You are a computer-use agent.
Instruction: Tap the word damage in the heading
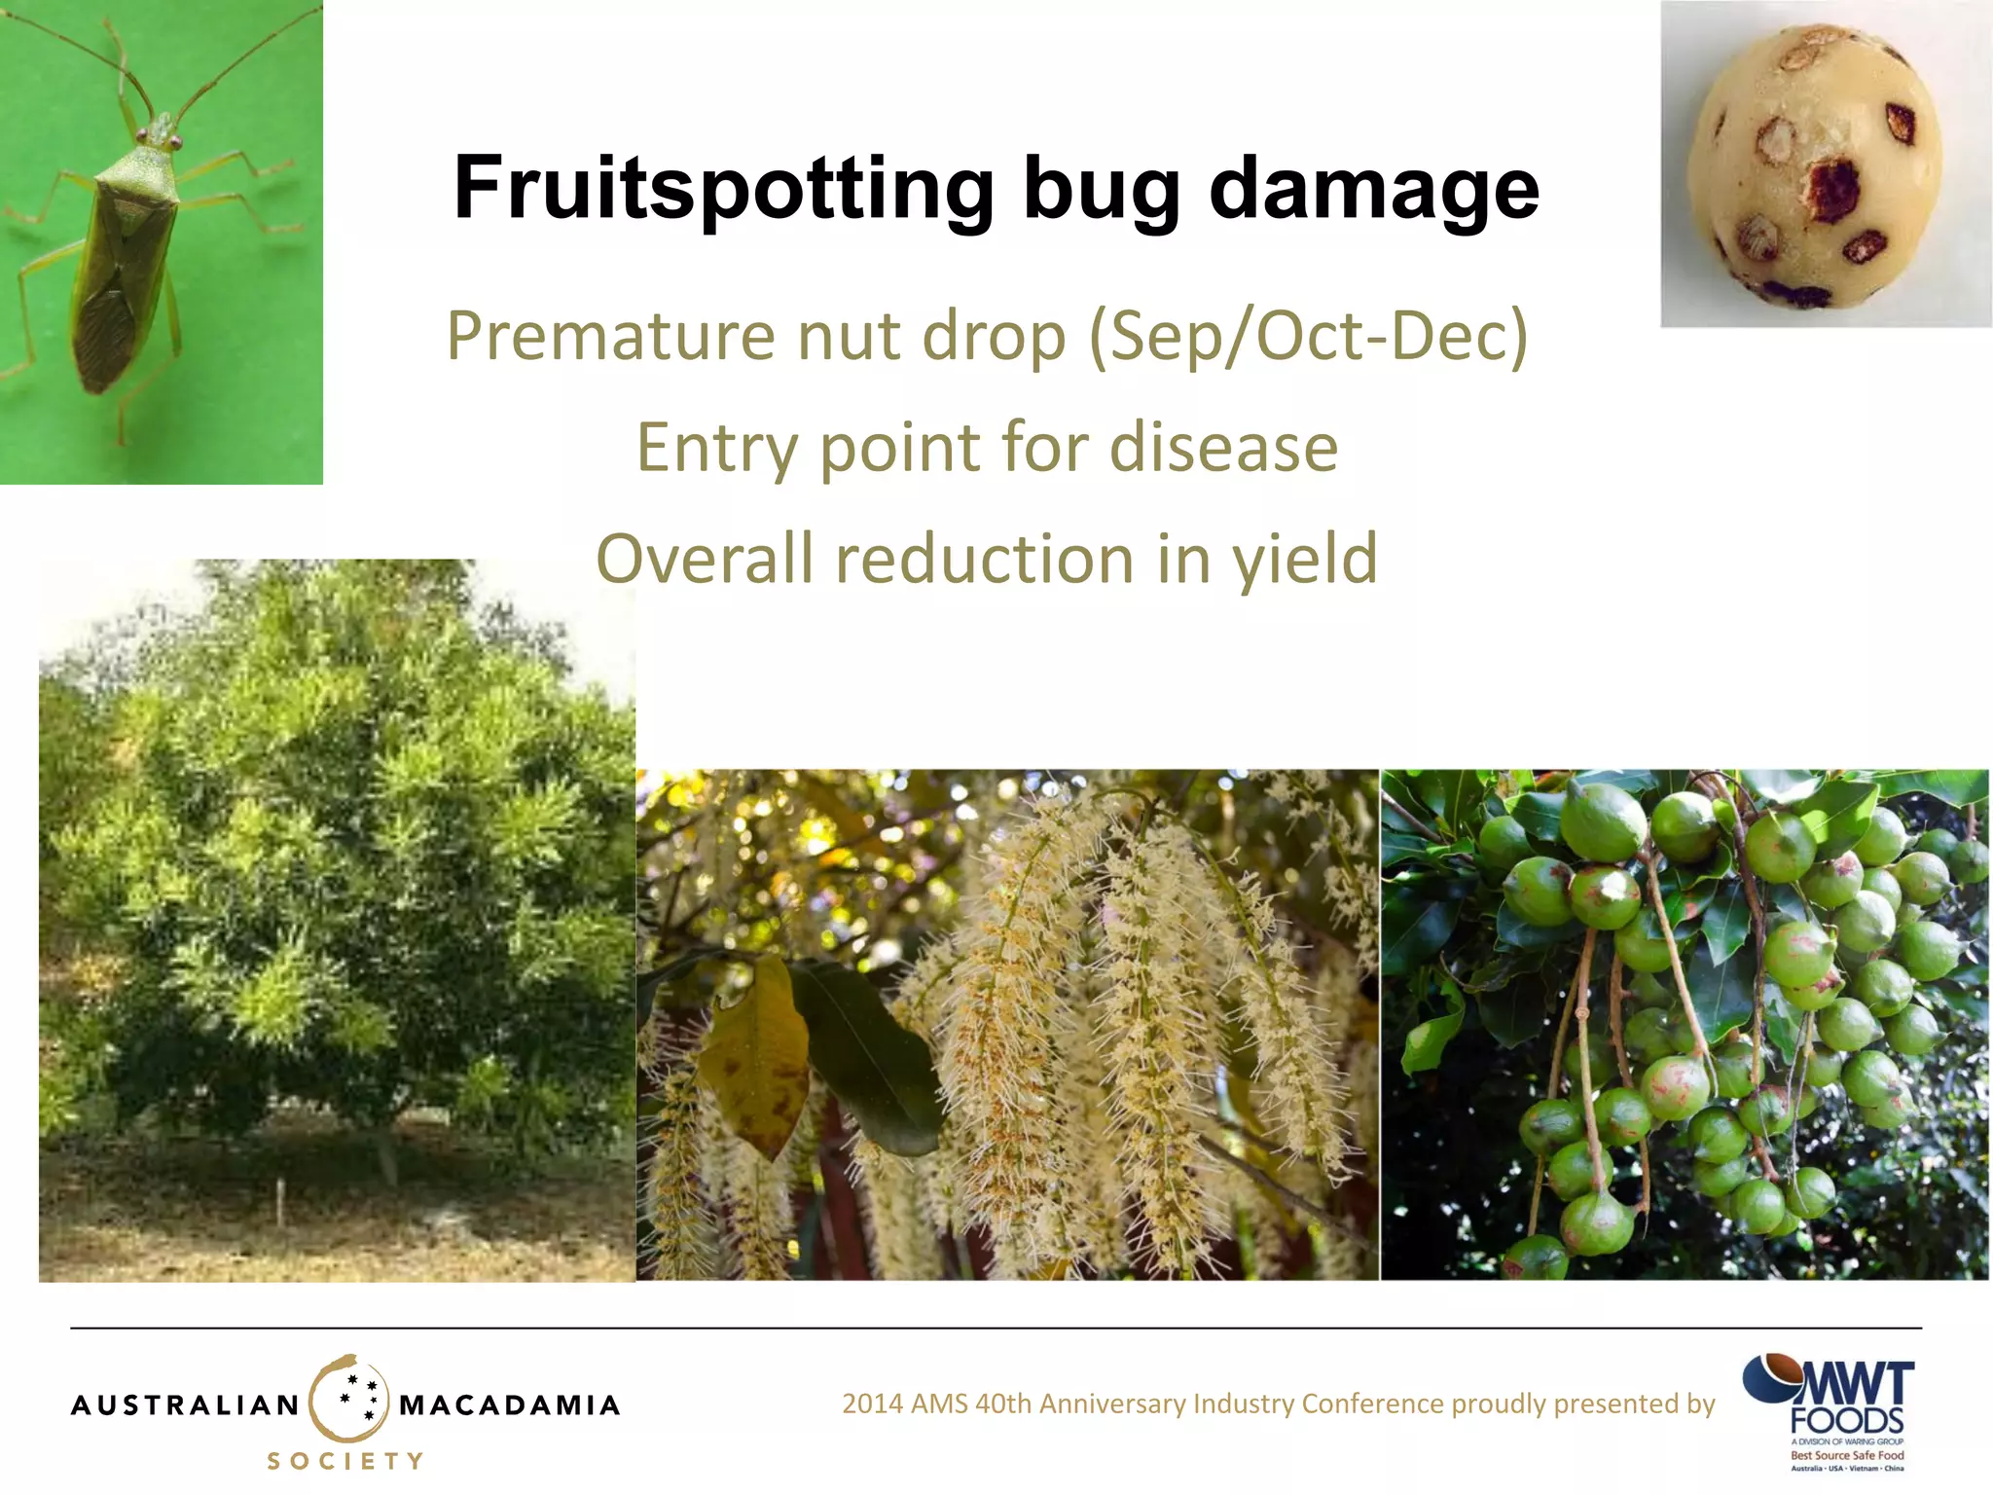(x=1373, y=189)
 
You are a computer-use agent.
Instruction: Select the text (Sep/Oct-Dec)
(x=1308, y=337)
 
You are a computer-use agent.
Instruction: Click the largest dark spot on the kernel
(x=1833, y=190)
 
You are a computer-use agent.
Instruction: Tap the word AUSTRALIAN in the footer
(x=185, y=1405)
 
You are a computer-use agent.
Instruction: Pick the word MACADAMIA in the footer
(x=509, y=1405)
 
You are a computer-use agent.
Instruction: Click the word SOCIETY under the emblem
(x=346, y=1461)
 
